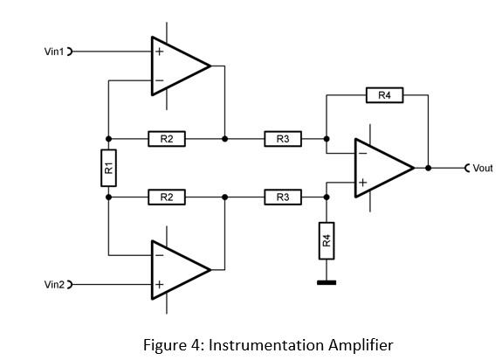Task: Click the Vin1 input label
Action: click(54, 52)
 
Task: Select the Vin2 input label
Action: click(54, 284)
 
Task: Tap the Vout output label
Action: click(482, 168)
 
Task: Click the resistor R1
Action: click(108, 168)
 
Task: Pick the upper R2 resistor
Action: click(167, 139)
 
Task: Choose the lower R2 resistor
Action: click(167, 197)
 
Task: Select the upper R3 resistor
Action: click(283, 139)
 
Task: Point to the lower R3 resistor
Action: click(283, 197)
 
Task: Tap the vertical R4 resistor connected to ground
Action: click(327, 240)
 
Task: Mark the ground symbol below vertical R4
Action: click(327, 281)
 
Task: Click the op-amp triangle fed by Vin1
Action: click(178, 66)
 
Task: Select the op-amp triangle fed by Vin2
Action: click(178, 270)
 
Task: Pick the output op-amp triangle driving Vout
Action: click(382, 168)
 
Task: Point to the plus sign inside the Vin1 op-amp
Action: click(160, 52)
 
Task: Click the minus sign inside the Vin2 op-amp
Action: click(160, 256)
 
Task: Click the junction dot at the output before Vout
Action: click(428, 168)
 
